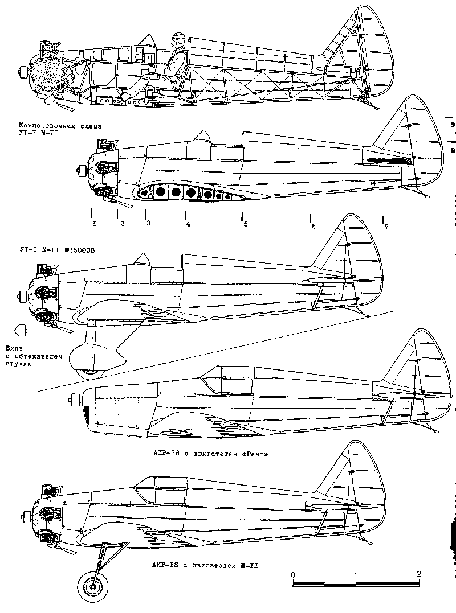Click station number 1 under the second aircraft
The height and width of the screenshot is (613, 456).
click(94, 223)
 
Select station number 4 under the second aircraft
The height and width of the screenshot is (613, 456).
click(188, 224)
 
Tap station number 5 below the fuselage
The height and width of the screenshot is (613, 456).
click(245, 224)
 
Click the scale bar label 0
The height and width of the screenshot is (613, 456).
click(292, 573)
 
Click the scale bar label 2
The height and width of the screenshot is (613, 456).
click(419, 573)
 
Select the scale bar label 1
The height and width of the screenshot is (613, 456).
click(356, 573)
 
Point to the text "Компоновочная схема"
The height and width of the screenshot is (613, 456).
click(55, 125)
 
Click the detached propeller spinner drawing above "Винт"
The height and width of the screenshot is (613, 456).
click(21, 331)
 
